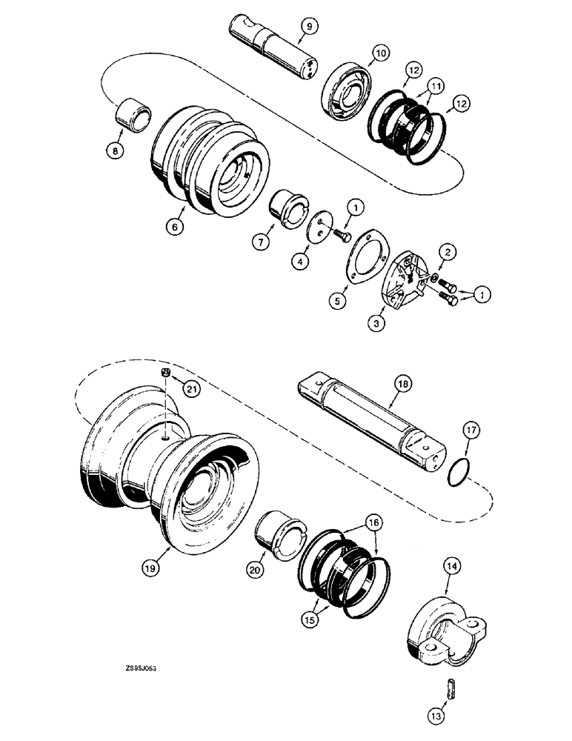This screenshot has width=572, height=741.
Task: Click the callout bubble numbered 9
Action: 309,27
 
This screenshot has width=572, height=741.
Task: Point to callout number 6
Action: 173,229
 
